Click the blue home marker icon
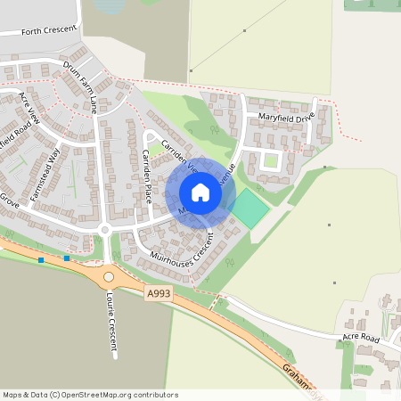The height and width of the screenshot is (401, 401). pyautogui.click(x=200, y=192)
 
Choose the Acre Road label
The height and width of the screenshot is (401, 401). pyautogui.click(x=360, y=339)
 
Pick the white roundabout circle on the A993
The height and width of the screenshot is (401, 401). pyautogui.click(x=109, y=276)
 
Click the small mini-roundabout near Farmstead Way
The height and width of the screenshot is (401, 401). pyautogui.click(x=104, y=229)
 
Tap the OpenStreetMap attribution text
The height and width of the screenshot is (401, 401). pyautogui.click(x=90, y=395)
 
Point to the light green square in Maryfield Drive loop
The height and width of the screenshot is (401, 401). pyautogui.click(x=269, y=161)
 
